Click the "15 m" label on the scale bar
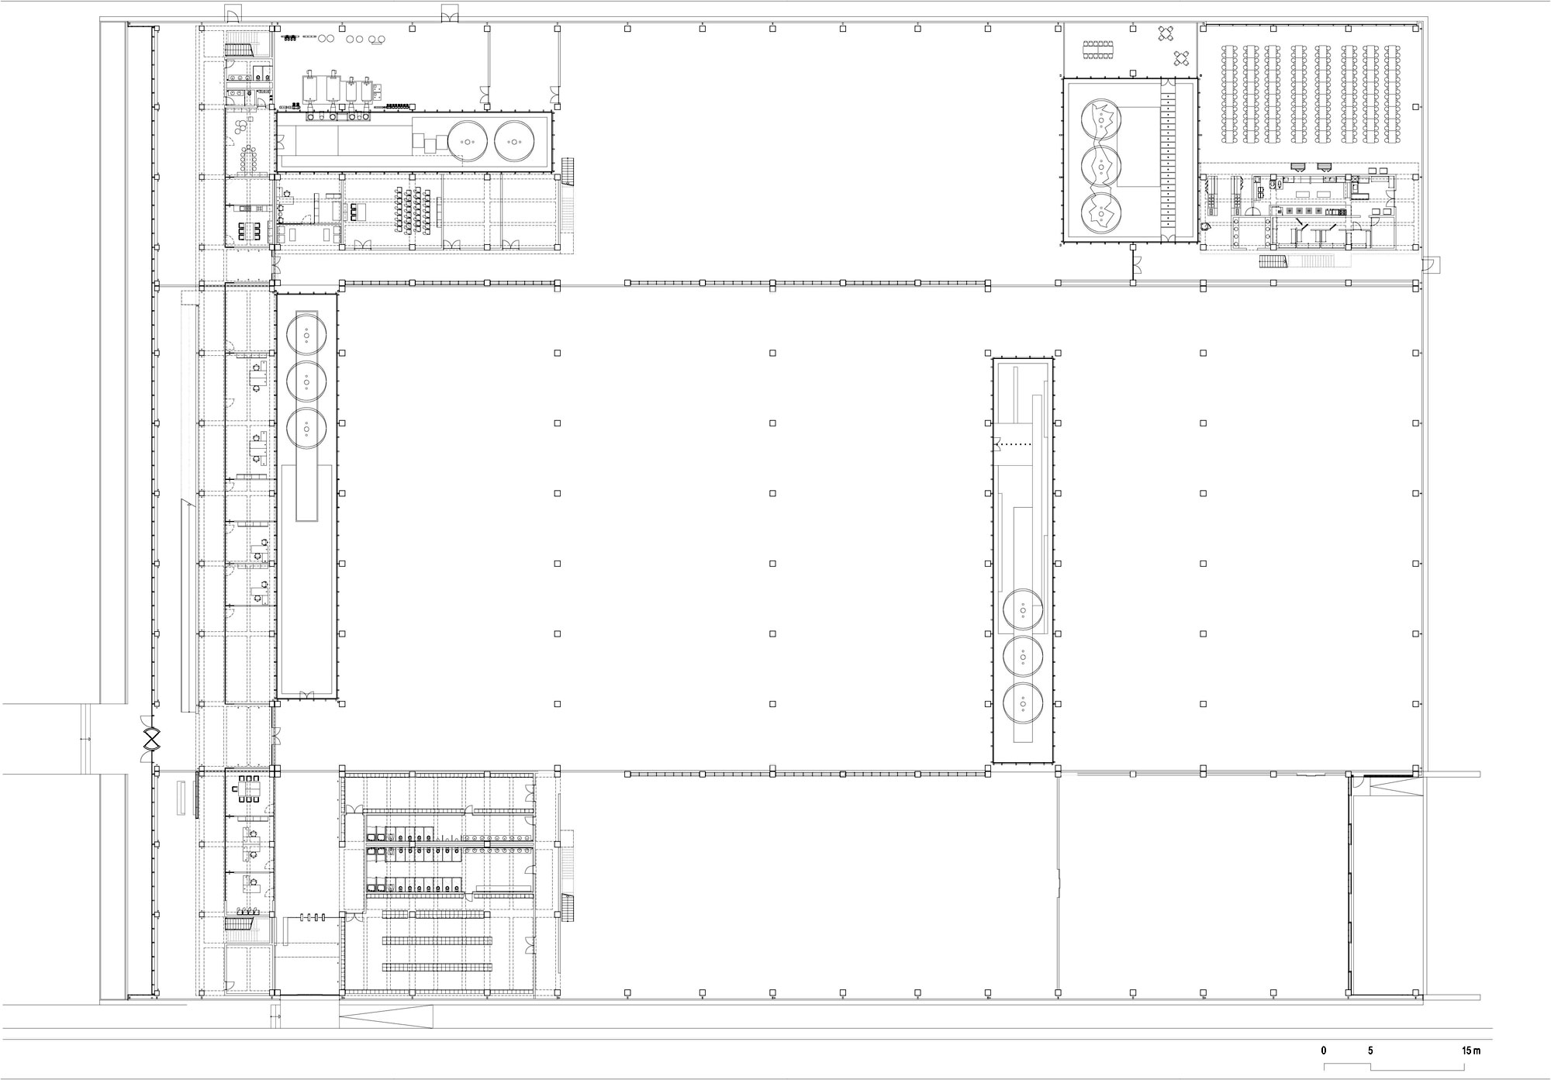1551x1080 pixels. [1471, 1051]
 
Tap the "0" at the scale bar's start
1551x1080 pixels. [1324, 1051]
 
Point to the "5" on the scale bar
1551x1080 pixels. [1370, 1051]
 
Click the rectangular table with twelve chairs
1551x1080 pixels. [1098, 49]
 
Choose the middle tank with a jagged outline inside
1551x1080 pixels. [1100, 164]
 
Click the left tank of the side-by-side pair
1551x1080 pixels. [467, 140]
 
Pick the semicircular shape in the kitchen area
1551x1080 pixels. [1206, 226]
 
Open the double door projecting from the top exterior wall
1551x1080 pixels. [449, 14]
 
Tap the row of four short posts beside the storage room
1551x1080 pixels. [312, 918]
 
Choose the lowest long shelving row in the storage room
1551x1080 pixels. [437, 967]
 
